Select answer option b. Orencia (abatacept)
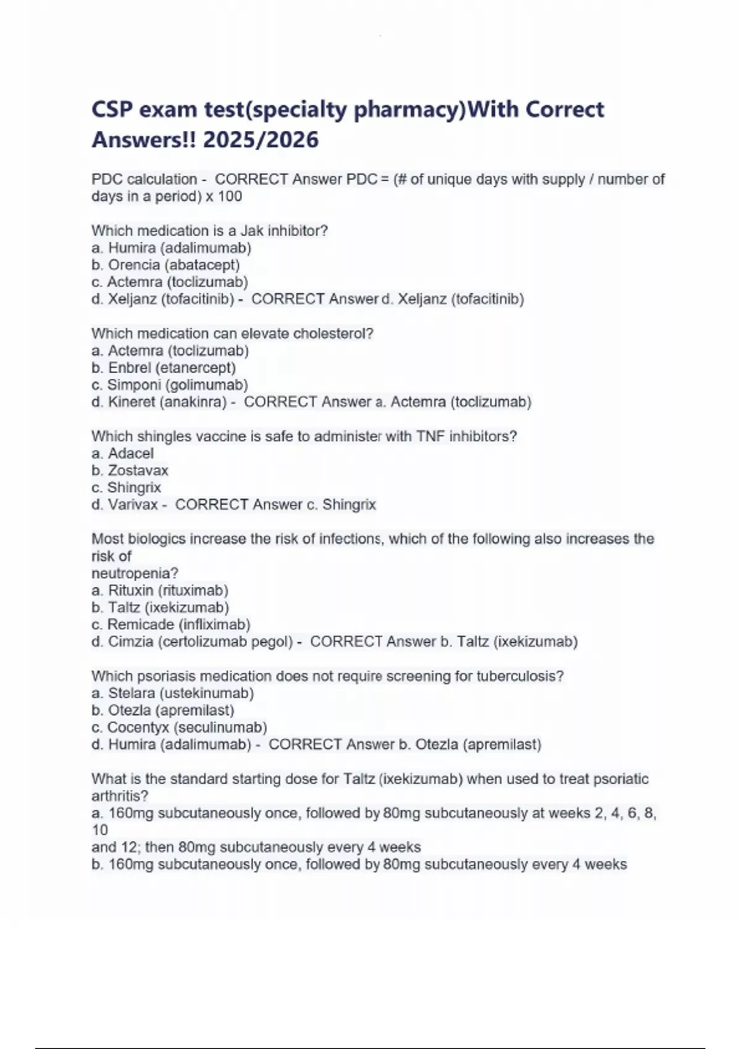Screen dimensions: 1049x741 pyautogui.click(x=165, y=265)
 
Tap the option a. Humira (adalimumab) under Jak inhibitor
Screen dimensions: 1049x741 pyautogui.click(x=171, y=248)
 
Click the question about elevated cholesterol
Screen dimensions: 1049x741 pyautogui.click(x=232, y=334)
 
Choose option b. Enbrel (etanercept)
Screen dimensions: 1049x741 pyautogui.click(x=164, y=368)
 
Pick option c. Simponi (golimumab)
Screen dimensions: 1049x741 pyautogui.click(x=170, y=385)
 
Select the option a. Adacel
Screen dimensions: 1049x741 pyautogui.click(x=122, y=454)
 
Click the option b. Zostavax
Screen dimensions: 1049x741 pyautogui.click(x=130, y=471)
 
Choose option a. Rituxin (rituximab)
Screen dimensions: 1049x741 pyautogui.click(x=160, y=591)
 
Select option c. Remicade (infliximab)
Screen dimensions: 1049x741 pyautogui.click(x=171, y=624)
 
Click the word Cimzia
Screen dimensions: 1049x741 pyautogui.click(x=130, y=642)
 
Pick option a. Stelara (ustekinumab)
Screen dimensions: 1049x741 pyautogui.click(x=172, y=693)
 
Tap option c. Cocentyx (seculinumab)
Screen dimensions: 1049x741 pyautogui.click(x=179, y=728)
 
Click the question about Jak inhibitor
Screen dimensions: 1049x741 pyautogui.click(x=209, y=231)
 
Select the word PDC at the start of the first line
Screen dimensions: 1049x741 pyautogui.click(x=107, y=180)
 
